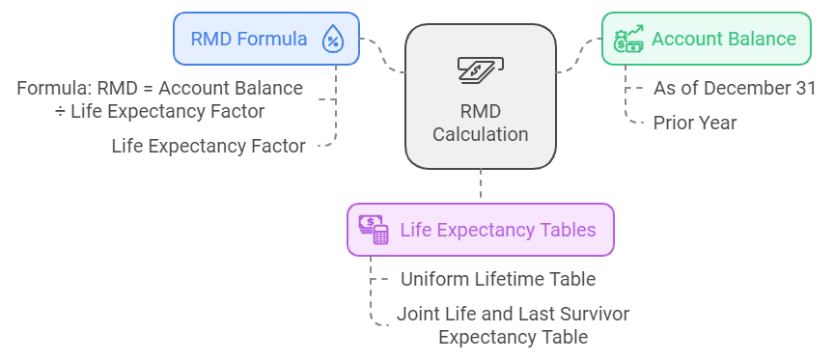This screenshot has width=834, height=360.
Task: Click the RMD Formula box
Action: tap(265, 39)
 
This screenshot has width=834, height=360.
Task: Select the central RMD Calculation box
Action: tap(480, 96)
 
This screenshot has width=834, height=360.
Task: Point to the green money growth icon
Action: tap(628, 40)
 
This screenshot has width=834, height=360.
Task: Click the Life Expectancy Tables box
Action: tap(480, 230)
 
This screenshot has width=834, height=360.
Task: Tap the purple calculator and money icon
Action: tap(374, 230)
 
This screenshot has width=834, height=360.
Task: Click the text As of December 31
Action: tap(735, 88)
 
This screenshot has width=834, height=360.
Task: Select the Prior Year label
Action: tap(695, 123)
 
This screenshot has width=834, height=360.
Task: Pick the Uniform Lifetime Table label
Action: tap(498, 279)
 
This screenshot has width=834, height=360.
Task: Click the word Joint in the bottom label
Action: tap(417, 314)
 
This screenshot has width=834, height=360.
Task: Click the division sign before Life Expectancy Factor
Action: tap(60, 112)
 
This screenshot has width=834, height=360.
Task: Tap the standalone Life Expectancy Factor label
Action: tap(208, 147)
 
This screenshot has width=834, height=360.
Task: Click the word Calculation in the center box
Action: tap(480, 134)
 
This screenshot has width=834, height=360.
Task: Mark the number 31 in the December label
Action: tap(804, 88)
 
